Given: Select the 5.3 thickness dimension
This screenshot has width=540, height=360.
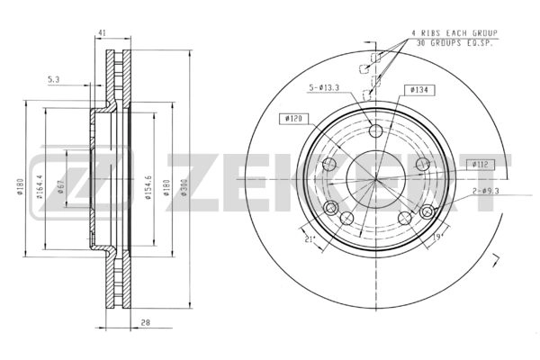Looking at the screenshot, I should tap(54, 79).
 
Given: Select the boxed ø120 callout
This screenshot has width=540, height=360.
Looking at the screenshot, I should tap(294, 118).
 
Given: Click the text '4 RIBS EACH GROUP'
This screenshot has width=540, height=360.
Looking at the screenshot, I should tap(454, 33).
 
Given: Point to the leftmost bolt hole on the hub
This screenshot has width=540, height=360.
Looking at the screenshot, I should tap(329, 166).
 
